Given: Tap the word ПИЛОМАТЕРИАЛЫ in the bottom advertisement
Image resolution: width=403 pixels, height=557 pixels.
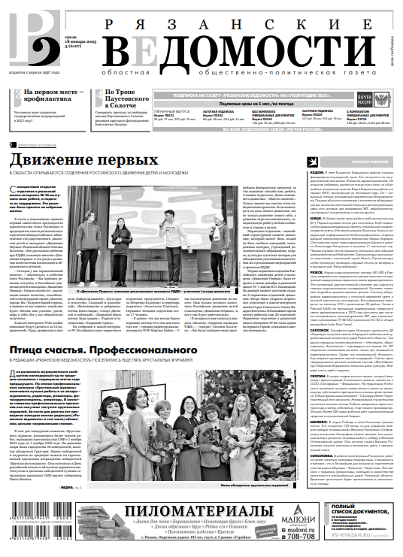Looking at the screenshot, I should point(174,512).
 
